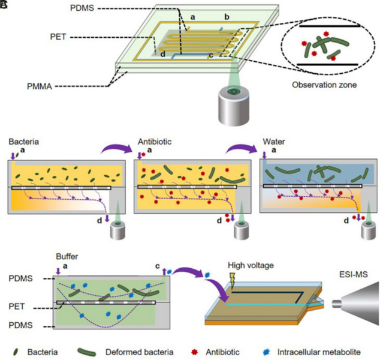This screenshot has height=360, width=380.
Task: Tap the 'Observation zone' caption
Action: pyautogui.click(x=324, y=85)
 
